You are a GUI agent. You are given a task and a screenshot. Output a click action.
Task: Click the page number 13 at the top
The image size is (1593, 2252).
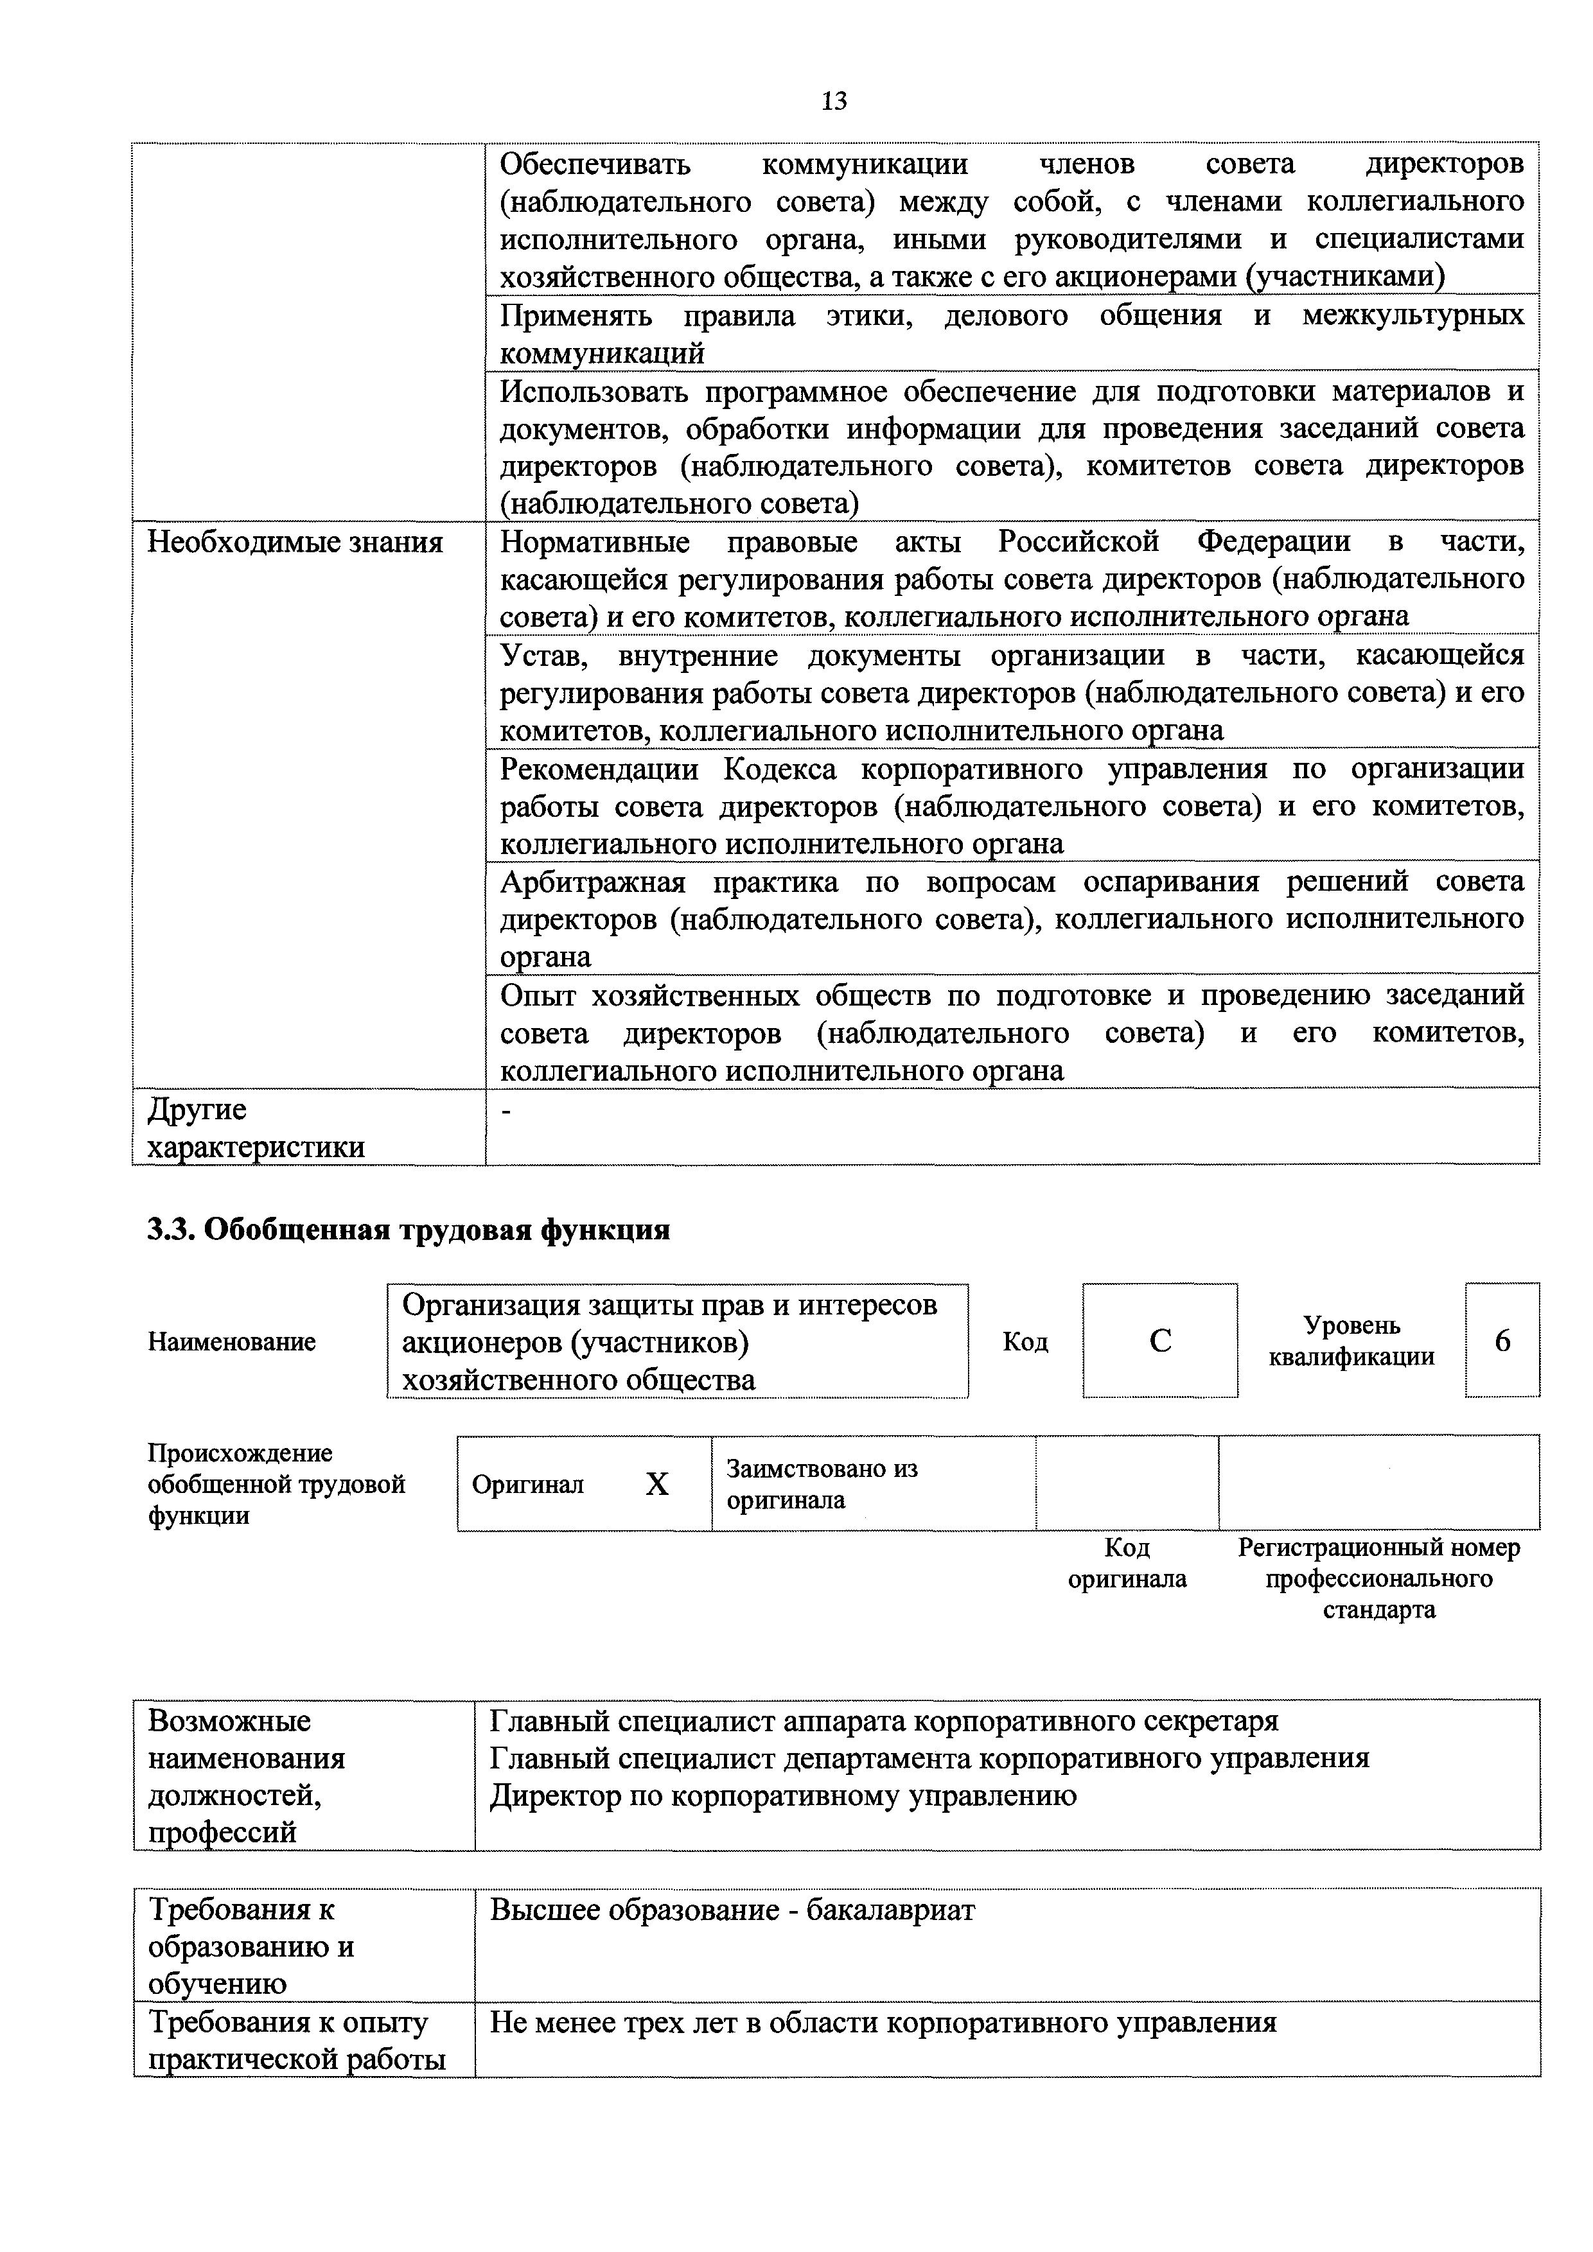coord(833,101)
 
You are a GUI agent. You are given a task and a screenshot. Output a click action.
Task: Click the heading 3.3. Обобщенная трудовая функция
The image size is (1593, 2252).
coord(408,1229)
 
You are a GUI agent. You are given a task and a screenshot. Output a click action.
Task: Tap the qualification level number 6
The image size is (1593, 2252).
coord(1502,1341)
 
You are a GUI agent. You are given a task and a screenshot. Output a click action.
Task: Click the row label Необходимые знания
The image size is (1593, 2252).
coord(294,543)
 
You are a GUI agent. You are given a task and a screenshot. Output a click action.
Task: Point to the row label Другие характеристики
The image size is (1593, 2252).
coord(255,1128)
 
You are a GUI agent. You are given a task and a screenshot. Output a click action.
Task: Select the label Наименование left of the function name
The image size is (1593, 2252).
coord(231,1342)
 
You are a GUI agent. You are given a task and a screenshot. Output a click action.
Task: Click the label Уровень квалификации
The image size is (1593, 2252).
coord(1351,1341)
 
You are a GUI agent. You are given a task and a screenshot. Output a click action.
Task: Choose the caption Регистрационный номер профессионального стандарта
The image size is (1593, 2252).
coord(1378,1579)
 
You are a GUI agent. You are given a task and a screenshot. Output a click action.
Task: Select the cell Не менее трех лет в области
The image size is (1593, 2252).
coord(883,2023)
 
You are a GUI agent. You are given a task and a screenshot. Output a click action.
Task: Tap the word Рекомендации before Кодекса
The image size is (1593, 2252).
coord(599,769)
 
